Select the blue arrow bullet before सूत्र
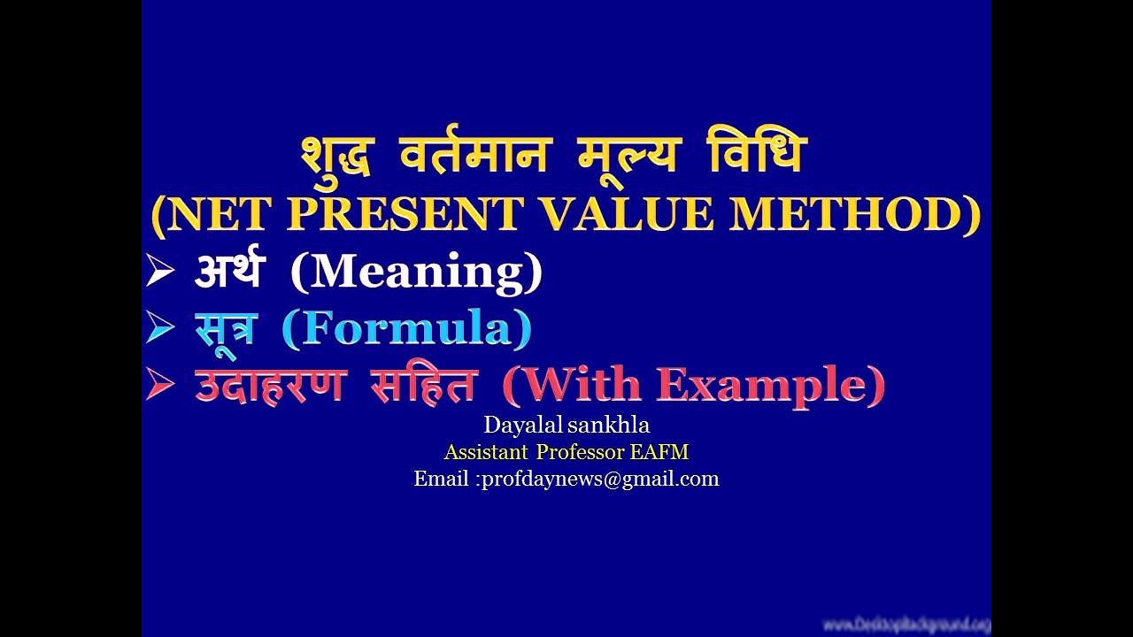click(x=160, y=329)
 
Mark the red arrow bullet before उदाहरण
click(x=160, y=386)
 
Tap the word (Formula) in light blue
click(x=406, y=329)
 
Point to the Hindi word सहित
click(x=424, y=385)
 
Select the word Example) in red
click(x=770, y=385)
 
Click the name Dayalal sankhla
click(x=566, y=426)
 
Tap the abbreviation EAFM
click(x=659, y=452)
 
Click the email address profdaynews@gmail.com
click(x=599, y=479)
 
